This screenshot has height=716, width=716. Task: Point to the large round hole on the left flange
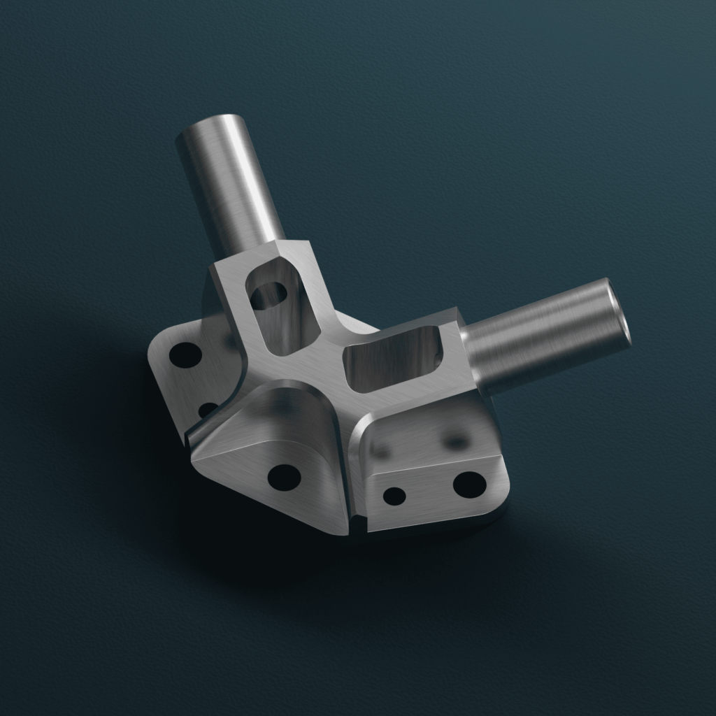[x=185, y=355]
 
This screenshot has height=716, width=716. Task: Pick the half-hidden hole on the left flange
[x=208, y=410]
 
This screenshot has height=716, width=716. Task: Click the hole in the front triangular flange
[x=284, y=477]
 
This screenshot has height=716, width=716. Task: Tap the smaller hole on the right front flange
[x=394, y=496]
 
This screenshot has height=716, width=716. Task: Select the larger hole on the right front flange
[x=469, y=484]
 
